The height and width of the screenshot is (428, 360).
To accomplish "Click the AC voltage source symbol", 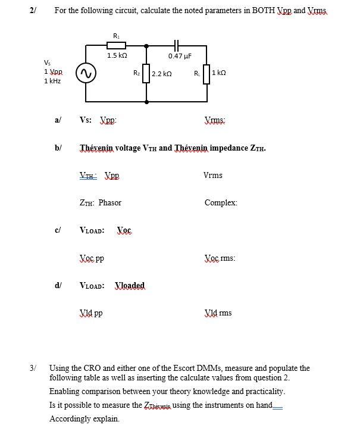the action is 87,74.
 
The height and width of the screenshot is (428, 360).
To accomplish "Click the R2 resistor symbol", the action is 145,74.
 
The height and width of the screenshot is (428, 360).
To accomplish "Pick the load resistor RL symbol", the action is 206,74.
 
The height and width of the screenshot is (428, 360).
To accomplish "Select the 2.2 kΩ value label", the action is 162,74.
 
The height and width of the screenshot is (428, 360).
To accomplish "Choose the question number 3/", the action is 33,368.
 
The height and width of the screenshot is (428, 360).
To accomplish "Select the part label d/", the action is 58,286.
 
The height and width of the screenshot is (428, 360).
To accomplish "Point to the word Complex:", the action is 221,203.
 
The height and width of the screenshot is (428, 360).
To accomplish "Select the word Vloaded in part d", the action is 130,286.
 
